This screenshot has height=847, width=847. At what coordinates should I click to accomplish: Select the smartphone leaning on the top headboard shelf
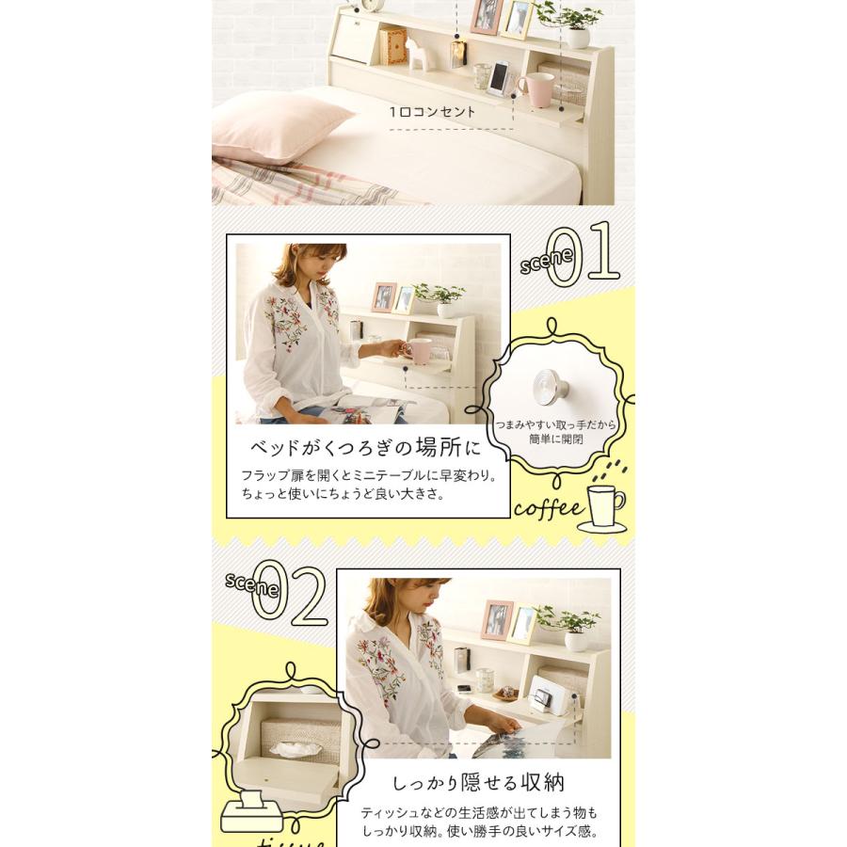[499, 78]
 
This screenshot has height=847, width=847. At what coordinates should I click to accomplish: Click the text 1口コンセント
[432, 111]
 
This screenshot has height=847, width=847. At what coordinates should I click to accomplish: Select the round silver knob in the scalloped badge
[549, 386]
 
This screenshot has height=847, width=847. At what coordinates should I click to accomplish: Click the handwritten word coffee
[548, 509]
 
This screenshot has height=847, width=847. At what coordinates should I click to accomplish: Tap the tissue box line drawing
[250, 812]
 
